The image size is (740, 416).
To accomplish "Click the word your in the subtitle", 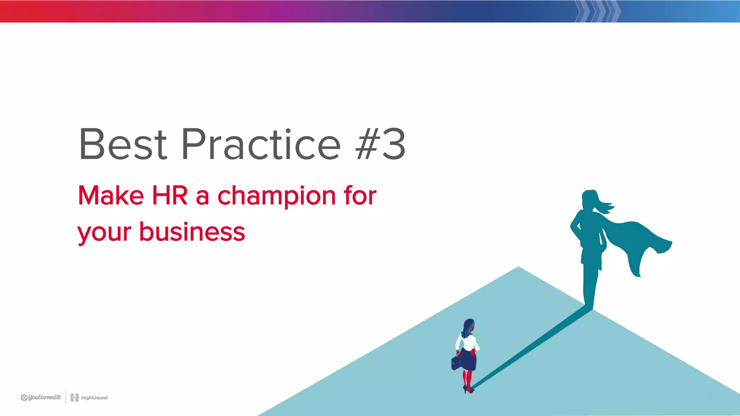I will [104, 233].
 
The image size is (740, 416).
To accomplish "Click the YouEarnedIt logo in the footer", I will [41, 398].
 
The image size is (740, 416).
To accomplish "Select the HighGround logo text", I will [94, 398].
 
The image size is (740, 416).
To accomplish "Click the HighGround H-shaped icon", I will [74, 398].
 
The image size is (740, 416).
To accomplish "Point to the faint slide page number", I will [708, 397].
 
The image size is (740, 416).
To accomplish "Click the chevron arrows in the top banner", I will [598, 11].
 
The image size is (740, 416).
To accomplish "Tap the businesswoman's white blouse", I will [469, 342].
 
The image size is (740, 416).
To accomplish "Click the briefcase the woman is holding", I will [456, 363].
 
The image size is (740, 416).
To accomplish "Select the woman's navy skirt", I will [469, 360].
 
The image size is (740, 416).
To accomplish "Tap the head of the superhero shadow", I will [590, 198].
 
